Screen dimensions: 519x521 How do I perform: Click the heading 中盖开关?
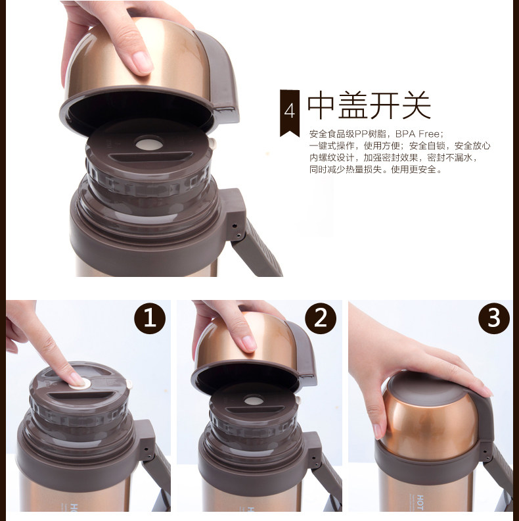[369, 105]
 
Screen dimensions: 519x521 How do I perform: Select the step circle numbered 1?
[150, 318]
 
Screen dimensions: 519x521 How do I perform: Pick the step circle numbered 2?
[321, 318]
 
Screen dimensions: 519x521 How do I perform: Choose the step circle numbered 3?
[494, 318]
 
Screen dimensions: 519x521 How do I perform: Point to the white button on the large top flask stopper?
[149, 144]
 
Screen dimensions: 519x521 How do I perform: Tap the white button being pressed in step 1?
[80, 383]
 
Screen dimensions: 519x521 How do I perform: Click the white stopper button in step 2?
[254, 401]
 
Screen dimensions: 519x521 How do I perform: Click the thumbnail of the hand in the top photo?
[142, 62]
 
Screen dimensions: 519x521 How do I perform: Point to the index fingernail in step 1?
[76, 379]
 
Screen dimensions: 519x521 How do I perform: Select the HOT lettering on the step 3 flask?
[420, 503]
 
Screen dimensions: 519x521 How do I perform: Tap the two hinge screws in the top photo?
[237, 230]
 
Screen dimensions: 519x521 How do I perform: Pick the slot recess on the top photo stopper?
[151, 157]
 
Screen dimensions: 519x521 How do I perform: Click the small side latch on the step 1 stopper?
[129, 384]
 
